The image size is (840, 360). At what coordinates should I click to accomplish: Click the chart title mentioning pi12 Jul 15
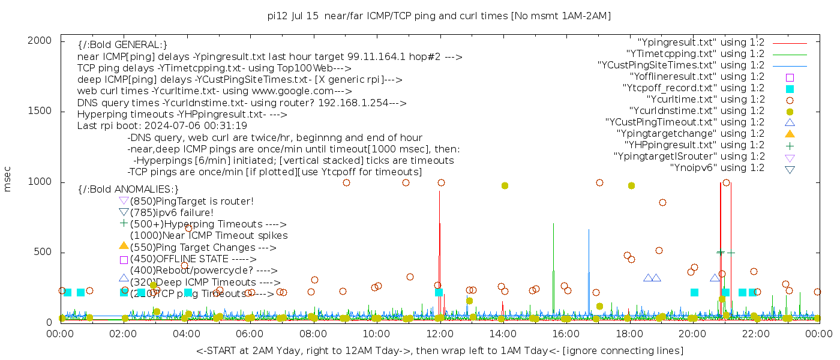coord(439,16)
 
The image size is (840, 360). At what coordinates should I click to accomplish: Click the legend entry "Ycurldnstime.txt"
coord(697,111)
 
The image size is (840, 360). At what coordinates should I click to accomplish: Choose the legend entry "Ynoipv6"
coord(717,168)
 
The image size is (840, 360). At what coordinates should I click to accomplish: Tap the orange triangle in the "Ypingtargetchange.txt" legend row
coord(790,134)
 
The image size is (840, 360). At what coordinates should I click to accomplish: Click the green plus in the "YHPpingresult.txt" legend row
coord(790,145)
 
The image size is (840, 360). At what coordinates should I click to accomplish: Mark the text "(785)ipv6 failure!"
coord(172,212)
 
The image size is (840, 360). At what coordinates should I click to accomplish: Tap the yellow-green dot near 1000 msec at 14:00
coord(505,186)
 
